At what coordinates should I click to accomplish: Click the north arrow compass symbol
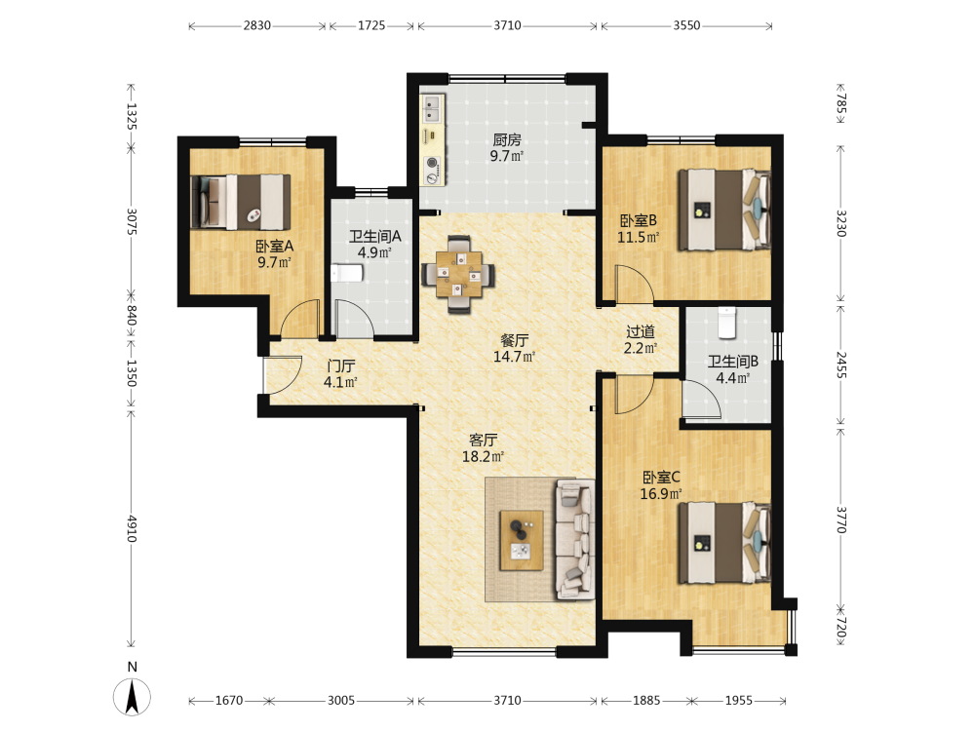(x=132, y=696)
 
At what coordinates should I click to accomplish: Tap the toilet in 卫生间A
(x=346, y=273)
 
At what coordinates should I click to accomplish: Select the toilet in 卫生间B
(x=727, y=323)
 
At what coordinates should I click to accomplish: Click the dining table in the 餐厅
(x=459, y=274)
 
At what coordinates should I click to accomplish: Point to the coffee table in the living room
(x=522, y=540)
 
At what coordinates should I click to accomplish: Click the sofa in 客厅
(x=575, y=539)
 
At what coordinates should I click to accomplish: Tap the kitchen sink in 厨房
(x=432, y=107)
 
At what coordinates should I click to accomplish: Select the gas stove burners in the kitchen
(x=432, y=171)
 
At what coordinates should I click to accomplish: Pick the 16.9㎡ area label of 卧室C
(x=661, y=494)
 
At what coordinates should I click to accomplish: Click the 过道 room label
(x=641, y=332)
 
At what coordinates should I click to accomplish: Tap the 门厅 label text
(x=340, y=366)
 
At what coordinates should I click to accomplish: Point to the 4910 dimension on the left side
(x=132, y=528)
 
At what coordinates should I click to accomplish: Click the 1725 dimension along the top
(x=371, y=25)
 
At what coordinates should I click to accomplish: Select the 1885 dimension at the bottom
(x=646, y=701)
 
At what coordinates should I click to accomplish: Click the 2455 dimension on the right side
(x=840, y=365)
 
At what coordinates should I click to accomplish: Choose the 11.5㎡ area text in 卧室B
(x=638, y=238)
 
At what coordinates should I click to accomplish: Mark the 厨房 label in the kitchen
(x=507, y=140)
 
